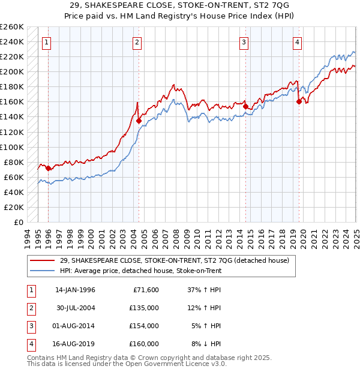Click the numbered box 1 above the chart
(47, 42)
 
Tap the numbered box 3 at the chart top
(244, 42)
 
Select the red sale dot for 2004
(139, 121)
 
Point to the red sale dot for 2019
(299, 101)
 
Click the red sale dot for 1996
(48, 168)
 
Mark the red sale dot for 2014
(245, 106)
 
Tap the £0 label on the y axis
(18, 222)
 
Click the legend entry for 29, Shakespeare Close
(174, 260)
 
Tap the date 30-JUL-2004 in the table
(75, 308)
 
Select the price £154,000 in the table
(144, 326)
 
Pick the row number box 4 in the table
(30, 344)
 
